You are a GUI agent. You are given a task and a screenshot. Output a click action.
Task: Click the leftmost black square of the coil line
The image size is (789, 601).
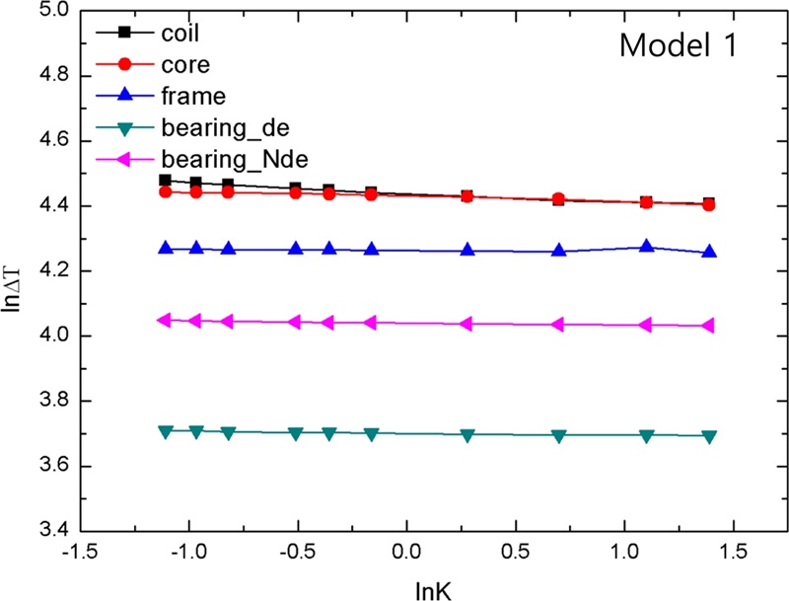[166, 181]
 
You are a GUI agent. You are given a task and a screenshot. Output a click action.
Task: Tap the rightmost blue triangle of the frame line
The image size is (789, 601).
[709, 253]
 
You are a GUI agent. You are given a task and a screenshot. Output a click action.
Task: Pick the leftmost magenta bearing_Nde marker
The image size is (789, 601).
[166, 320]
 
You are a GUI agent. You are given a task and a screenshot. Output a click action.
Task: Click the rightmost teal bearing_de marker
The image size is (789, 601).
[709, 436]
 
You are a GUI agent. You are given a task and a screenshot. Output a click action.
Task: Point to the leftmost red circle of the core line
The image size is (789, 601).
[166, 191]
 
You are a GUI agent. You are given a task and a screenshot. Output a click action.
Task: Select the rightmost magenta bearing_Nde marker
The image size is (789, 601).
[709, 326]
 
